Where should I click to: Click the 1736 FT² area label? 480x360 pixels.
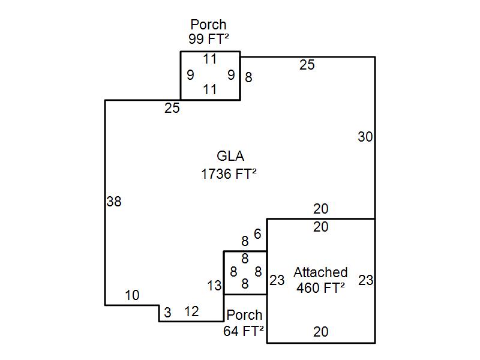tap(230, 174)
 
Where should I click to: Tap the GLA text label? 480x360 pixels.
tap(230, 157)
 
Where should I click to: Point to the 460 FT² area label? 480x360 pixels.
tap(320, 287)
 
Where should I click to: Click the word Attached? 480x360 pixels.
tap(320, 272)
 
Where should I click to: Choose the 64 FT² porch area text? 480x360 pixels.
tap(244, 331)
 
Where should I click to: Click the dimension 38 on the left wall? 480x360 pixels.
tap(113, 202)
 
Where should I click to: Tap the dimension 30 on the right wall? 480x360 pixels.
tap(365, 137)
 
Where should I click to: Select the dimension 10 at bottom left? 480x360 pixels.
tap(132, 295)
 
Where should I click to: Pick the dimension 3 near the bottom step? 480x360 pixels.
tap(167, 313)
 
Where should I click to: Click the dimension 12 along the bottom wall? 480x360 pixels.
tap(191, 312)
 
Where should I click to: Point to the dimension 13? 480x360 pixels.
tap(214, 286)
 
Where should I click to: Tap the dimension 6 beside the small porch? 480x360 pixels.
tap(257, 234)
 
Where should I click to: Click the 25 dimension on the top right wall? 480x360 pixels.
tap(307, 65)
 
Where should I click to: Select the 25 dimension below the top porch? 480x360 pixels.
tap(172, 109)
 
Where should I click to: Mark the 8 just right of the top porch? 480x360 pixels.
tap(248, 77)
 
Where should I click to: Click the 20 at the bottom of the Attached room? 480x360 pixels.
tap(321, 332)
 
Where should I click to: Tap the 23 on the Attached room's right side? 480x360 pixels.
tap(365, 280)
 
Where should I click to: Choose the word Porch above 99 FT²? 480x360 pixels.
tap(209, 25)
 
